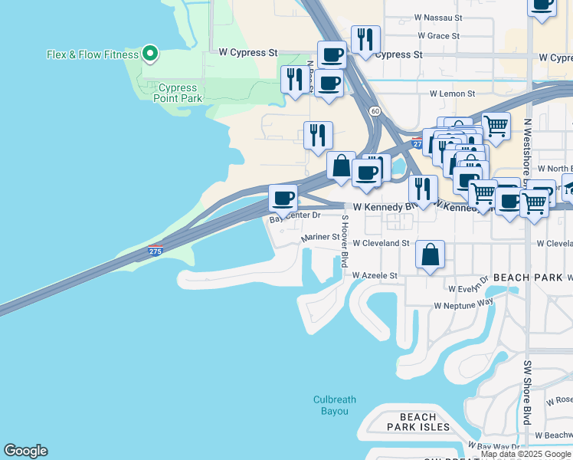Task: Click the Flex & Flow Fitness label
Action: pyautogui.click(x=93, y=54)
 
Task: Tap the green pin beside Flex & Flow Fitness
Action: pyautogui.click(x=151, y=54)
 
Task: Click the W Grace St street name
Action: pyautogui.click(x=439, y=36)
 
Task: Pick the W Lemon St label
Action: pyautogui.click(x=452, y=94)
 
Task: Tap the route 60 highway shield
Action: pyautogui.click(x=374, y=111)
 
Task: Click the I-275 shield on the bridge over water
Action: pyautogui.click(x=155, y=250)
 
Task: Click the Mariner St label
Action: pyautogui.click(x=320, y=238)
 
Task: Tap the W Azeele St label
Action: pyautogui.click(x=375, y=274)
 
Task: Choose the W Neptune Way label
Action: pyautogui.click(x=463, y=304)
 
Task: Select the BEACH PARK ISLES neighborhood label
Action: pyautogui.click(x=417, y=422)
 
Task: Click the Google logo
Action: pyautogui.click(x=25, y=451)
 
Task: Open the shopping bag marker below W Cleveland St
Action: pyautogui.click(x=431, y=255)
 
